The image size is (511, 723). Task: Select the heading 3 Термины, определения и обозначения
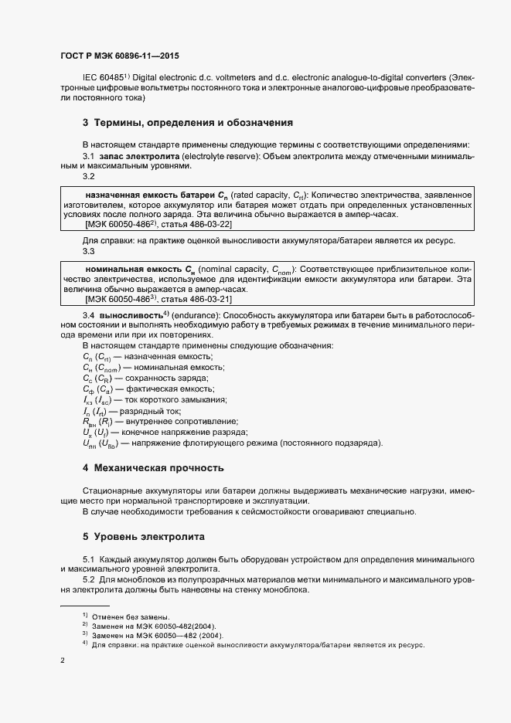[x=186, y=122]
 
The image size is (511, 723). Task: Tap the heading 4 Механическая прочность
[x=153, y=468]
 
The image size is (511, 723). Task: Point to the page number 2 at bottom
[x=63, y=661]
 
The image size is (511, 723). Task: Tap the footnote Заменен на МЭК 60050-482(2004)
[x=154, y=626]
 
